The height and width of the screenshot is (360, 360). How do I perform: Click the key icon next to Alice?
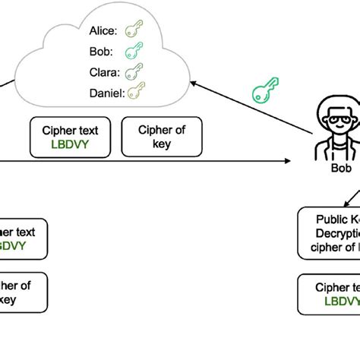[x=133, y=30]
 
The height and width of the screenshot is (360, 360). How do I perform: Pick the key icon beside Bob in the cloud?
[x=133, y=51]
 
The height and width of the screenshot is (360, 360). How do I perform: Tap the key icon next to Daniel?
[x=136, y=92]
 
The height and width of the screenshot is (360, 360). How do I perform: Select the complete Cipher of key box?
[x=161, y=136]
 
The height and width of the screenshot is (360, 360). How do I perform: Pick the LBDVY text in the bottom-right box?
[x=341, y=301]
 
